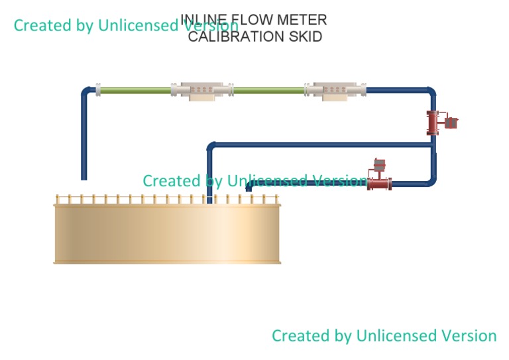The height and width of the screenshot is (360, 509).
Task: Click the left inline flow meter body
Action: pyautogui.click(x=202, y=91)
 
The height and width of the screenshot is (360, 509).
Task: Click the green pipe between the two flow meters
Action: pyautogui.click(x=268, y=90)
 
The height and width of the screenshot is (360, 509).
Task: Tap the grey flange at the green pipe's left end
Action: pyautogui.click(x=98, y=90)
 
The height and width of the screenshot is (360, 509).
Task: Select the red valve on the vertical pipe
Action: pyautogui.click(x=433, y=122)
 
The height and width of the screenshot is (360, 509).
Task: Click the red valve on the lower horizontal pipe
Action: pyautogui.click(x=379, y=183)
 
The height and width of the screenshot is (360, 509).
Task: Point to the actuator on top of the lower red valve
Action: pyautogui.click(x=379, y=165)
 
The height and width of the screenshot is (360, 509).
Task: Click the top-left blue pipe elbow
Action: pyautogui.click(x=86, y=92)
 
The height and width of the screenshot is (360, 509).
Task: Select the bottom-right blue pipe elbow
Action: pyautogui.click(x=431, y=180)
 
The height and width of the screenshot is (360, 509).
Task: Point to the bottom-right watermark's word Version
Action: pyautogui.click(x=463, y=335)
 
